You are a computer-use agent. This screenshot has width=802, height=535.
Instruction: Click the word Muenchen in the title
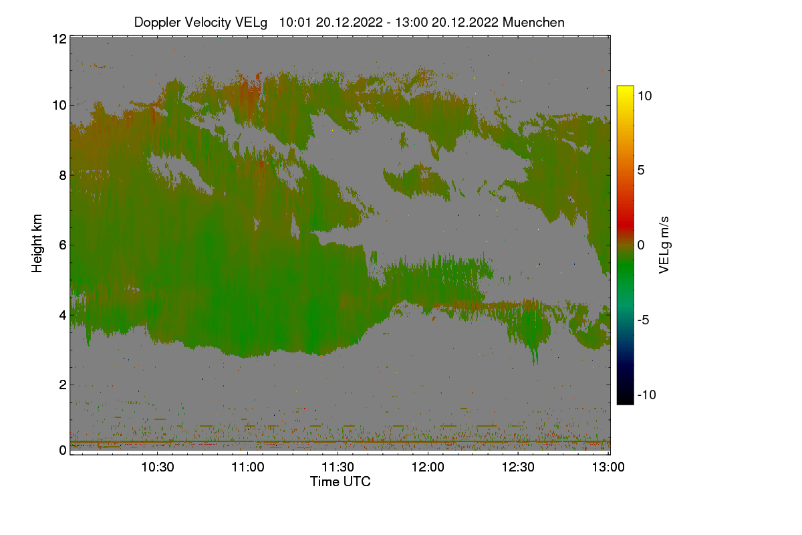coord(533,22)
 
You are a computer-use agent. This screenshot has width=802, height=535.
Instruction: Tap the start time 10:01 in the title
coord(295,22)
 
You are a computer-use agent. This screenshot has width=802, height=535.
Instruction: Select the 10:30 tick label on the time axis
coord(157,467)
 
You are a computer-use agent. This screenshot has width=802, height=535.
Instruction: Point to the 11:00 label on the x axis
coord(247,467)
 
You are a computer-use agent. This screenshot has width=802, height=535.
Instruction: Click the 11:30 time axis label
coord(338,467)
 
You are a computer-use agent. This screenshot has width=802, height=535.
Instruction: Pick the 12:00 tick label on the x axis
coord(428,467)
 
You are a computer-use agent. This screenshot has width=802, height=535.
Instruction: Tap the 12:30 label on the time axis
coord(518,467)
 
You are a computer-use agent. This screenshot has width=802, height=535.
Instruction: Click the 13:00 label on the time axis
coord(608,467)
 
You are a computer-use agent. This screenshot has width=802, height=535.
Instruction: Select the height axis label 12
coord(59,39)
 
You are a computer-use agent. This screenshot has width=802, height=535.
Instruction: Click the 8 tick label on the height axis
coord(63,175)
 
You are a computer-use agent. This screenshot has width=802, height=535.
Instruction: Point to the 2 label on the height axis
coord(63,385)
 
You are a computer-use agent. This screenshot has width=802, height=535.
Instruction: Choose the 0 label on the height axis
coord(63,450)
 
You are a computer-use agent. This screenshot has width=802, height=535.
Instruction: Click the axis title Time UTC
coord(340,481)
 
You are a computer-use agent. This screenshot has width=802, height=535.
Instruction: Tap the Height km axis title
coord(37,243)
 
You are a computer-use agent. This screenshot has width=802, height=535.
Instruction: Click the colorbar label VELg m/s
coord(664,245)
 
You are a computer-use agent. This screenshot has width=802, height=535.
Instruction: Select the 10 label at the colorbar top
coord(644,96)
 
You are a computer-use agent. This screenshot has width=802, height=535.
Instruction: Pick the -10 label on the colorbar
coord(647,395)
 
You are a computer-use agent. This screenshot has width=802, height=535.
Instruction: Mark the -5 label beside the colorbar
coord(643,320)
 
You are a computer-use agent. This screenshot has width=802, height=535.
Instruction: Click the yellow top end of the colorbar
coord(625,88)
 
